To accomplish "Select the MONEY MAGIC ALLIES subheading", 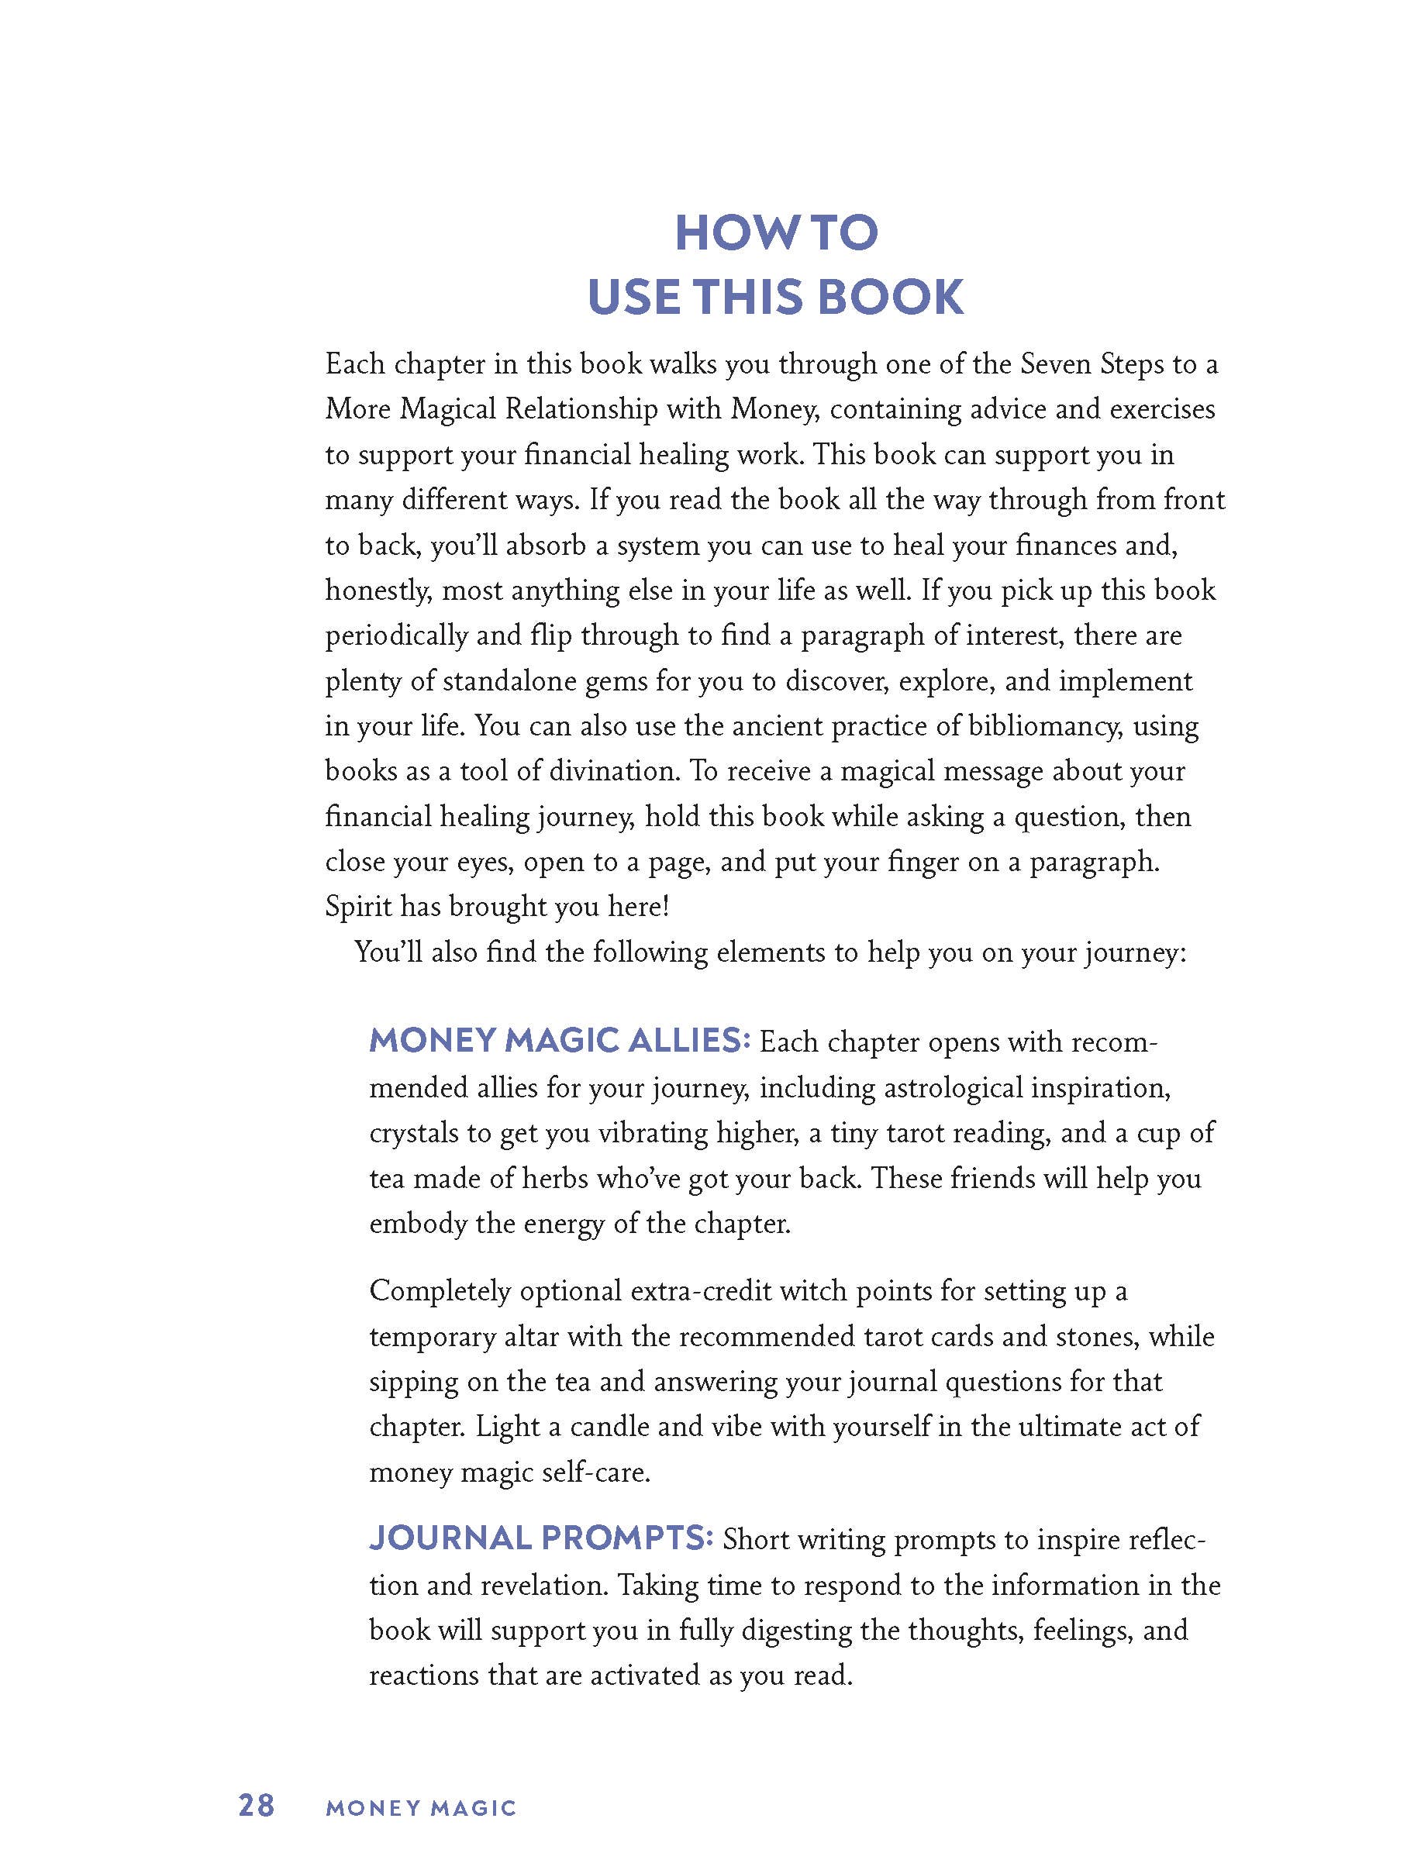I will (x=559, y=1041).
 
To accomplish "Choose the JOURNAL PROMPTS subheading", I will (x=541, y=1538).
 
